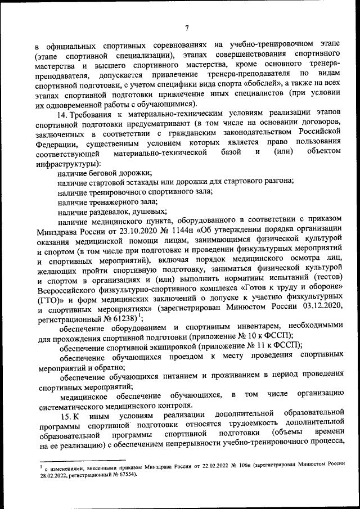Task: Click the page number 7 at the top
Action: point(186,29)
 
